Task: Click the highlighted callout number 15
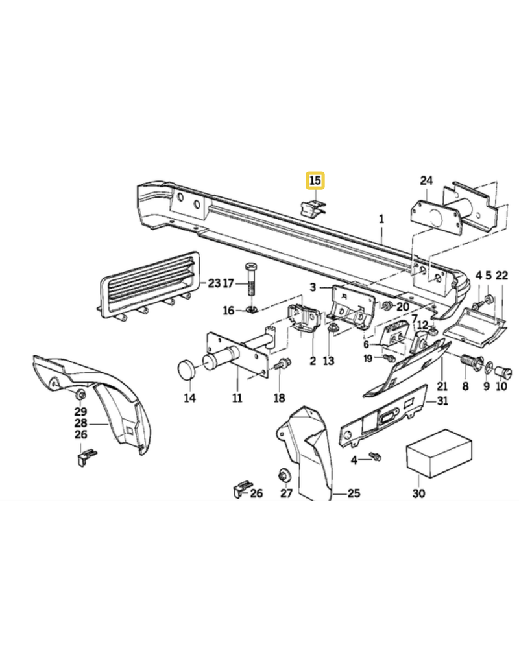315,180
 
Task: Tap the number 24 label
426,180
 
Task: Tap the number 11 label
237,398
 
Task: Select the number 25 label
354,493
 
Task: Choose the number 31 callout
442,401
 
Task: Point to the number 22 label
501,276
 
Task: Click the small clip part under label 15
311,207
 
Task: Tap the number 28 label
81,422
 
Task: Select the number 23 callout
214,283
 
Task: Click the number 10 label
501,387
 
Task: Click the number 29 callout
80,411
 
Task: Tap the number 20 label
403,307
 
